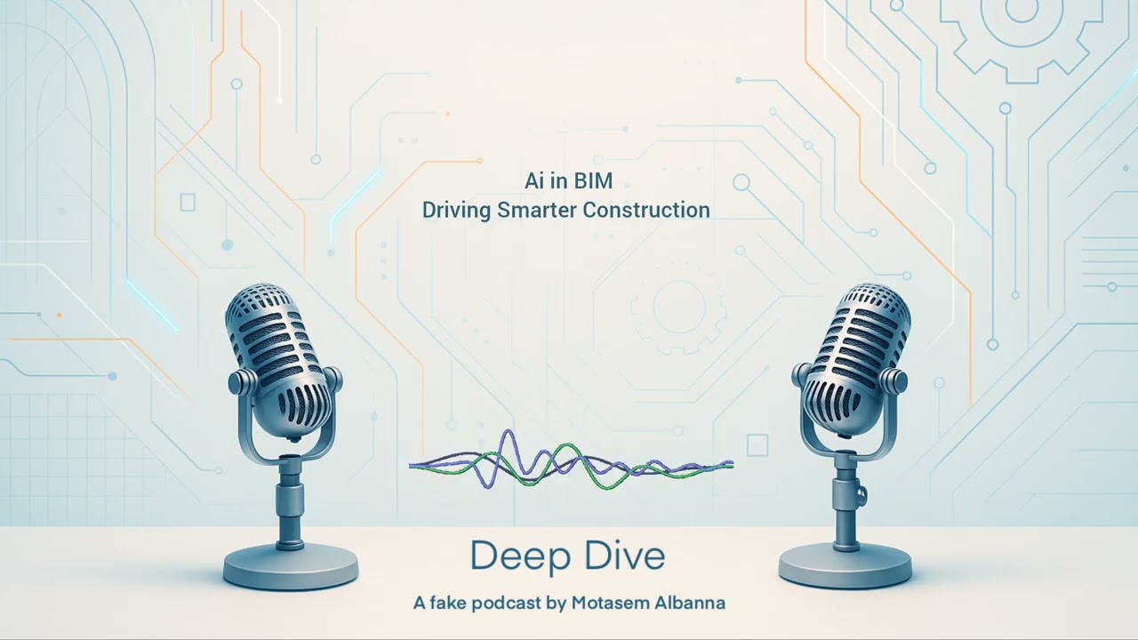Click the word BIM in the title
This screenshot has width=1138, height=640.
593,181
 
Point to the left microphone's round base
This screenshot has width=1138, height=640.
290,565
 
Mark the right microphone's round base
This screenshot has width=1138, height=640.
845,564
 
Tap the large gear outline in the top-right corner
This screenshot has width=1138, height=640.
1021,27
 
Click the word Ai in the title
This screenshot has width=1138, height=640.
533,181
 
